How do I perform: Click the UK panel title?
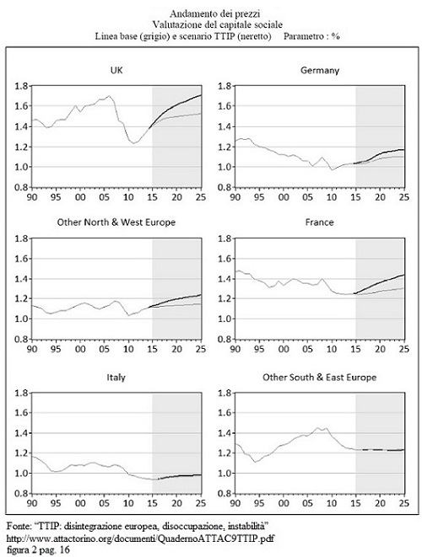(116, 70)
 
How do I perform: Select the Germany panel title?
(320, 70)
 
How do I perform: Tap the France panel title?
(320, 222)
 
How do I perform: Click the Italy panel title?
(116, 378)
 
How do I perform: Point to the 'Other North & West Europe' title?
(116, 222)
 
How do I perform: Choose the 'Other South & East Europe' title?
(320, 378)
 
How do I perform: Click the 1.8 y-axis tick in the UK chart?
(21, 86)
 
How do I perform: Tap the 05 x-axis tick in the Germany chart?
(307, 197)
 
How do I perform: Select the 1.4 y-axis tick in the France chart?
(225, 279)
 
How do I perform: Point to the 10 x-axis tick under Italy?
(128, 503)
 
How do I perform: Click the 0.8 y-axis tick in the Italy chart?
(21, 494)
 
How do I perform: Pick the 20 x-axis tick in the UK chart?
(176, 197)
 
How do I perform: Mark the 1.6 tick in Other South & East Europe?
(225, 413)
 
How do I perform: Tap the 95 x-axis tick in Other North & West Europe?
(56, 349)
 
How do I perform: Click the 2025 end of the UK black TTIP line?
(202, 95)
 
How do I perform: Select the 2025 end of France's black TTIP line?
(404, 275)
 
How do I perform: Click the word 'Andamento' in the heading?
(187, 13)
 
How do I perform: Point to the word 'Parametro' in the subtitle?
(304, 36)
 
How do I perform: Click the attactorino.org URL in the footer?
(140, 538)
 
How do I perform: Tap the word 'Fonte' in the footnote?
(15, 525)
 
